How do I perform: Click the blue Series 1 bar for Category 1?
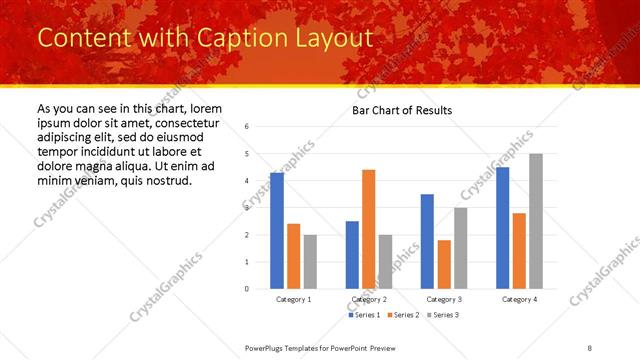277,231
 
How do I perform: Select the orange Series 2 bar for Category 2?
369,229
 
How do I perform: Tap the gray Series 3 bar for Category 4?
536,221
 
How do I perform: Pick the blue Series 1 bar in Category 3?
427,241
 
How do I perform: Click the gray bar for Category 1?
310,262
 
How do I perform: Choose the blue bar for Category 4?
502,228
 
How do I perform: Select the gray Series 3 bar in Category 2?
386,262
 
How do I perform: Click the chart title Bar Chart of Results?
402,110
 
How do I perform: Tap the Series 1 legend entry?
364,315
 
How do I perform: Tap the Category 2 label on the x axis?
369,300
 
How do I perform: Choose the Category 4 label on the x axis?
519,300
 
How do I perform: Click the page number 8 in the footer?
589,347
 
